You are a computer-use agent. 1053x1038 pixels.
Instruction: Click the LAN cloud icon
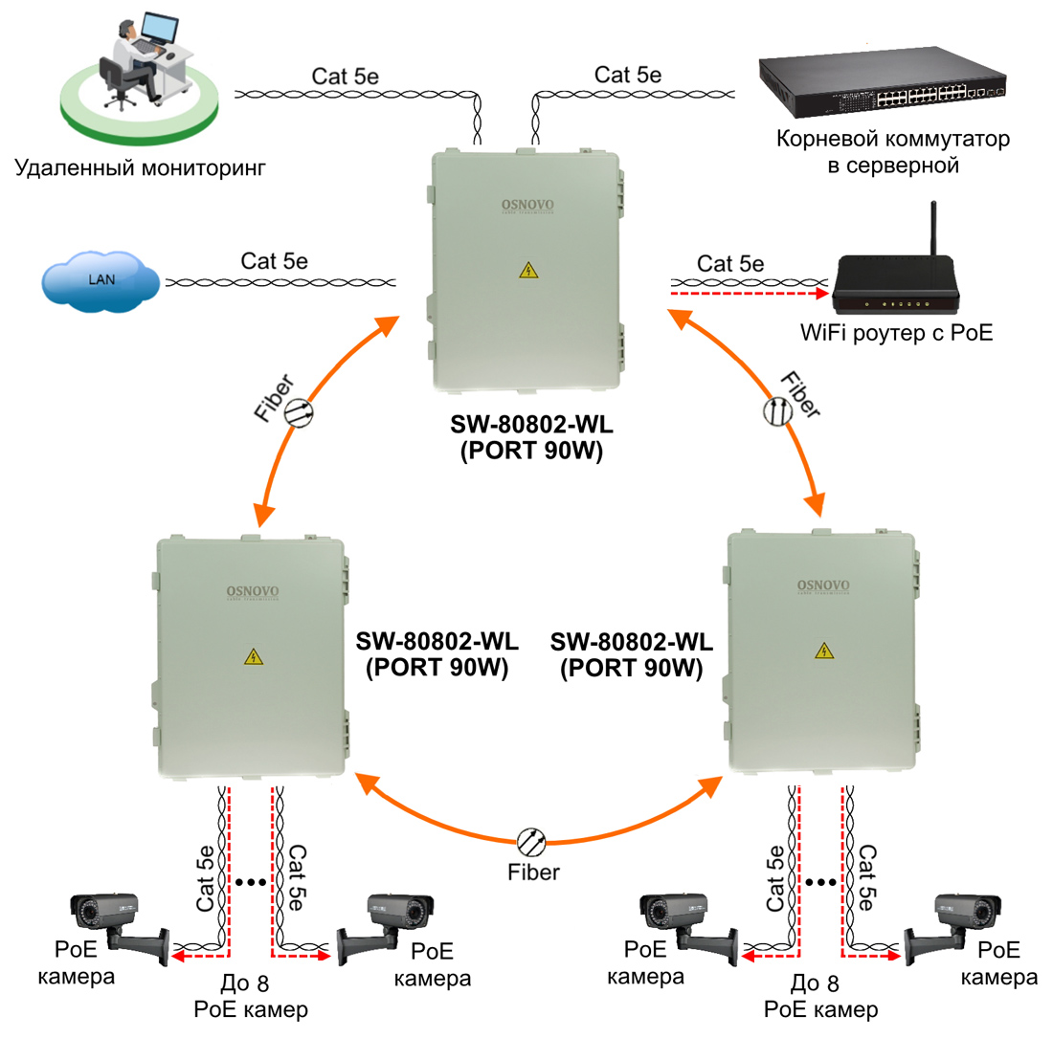[x=101, y=281]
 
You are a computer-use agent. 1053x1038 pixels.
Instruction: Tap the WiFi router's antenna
[x=932, y=228]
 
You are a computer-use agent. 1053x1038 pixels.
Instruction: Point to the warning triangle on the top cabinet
[x=528, y=270]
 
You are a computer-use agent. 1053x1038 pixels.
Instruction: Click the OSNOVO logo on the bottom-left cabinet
[x=253, y=592]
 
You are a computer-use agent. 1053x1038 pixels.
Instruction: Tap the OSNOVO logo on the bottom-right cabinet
[x=823, y=585]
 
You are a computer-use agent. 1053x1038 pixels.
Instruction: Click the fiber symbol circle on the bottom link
[x=532, y=842]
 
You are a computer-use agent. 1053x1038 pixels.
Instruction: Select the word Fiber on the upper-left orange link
[x=274, y=398]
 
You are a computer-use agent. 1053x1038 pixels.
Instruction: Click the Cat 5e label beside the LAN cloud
[x=274, y=261]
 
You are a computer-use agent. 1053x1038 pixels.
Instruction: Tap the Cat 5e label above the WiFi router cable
[x=730, y=264]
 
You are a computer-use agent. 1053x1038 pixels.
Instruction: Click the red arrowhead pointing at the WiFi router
[x=820, y=293]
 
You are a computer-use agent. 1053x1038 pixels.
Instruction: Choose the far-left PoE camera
[x=120, y=925]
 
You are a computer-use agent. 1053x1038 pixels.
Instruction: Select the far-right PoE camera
[x=952, y=927]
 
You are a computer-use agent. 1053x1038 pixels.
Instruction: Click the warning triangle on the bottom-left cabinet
[x=253, y=656]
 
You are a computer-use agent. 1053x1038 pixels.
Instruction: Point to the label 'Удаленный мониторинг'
[x=141, y=167]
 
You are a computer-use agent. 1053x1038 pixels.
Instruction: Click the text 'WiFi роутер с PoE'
[x=897, y=333]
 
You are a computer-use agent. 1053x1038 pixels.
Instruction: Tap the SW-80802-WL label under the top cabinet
[x=531, y=425]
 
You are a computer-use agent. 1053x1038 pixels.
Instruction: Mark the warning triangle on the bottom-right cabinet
[x=824, y=651]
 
